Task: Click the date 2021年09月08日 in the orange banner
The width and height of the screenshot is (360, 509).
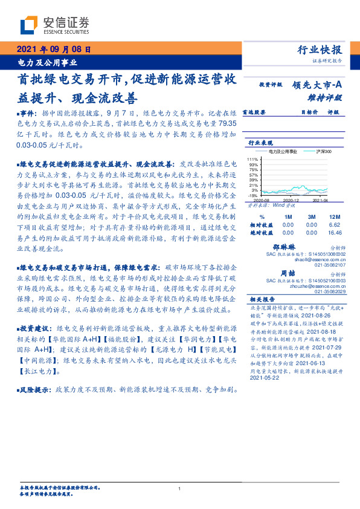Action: click(53, 50)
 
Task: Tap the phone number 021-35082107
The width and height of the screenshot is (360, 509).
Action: click(330, 265)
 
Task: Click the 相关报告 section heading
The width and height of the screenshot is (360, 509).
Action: click(262, 299)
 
